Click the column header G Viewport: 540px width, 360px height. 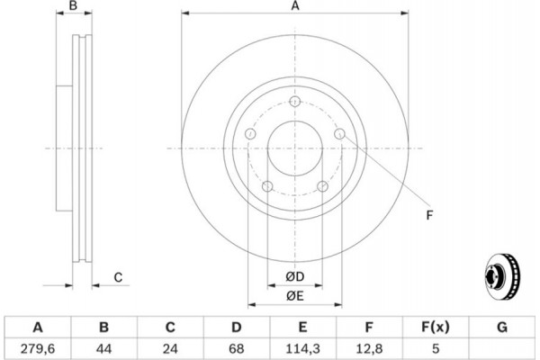click(x=502, y=326)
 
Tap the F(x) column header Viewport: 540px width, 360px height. click(x=436, y=326)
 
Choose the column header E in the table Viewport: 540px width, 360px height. click(x=303, y=326)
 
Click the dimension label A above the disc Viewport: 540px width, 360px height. click(x=294, y=7)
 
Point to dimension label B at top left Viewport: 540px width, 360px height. click(x=75, y=7)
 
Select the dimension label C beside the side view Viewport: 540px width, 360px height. click(x=118, y=277)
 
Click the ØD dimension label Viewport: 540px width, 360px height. click(x=294, y=275)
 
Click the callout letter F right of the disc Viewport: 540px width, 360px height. click(x=429, y=214)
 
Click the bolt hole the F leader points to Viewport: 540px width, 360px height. click(x=339, y=134)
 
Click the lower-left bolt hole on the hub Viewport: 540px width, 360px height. click(x=266, y=186)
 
